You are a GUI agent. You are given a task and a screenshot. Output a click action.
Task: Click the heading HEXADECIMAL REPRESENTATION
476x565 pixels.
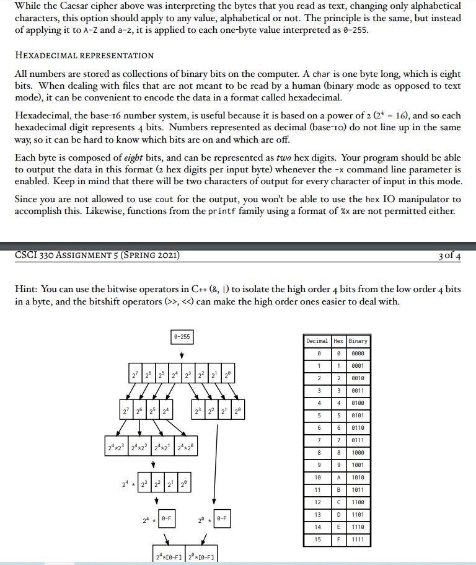tap(84, 56)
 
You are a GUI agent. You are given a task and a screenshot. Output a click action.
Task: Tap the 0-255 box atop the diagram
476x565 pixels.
tap(182, 337)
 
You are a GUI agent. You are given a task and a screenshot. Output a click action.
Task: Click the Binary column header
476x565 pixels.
tap(358, 340)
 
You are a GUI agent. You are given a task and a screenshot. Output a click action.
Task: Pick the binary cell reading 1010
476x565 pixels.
tap(358, 478)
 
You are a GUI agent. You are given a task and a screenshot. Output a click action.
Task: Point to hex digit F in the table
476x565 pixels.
tap(338, 540)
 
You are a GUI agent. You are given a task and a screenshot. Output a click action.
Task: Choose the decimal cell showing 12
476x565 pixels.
tap(319, 502)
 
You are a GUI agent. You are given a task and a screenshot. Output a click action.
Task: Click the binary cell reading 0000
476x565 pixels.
tap(358, 353)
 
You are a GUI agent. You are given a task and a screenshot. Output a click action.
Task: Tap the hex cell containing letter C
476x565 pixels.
tap(338, 502)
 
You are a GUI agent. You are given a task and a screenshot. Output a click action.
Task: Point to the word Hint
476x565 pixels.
tap(25, 290)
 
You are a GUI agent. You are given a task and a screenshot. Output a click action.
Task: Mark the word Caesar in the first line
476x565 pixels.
tap(73, 7)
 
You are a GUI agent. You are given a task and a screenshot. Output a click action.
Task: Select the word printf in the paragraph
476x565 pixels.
tap(224, 211)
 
